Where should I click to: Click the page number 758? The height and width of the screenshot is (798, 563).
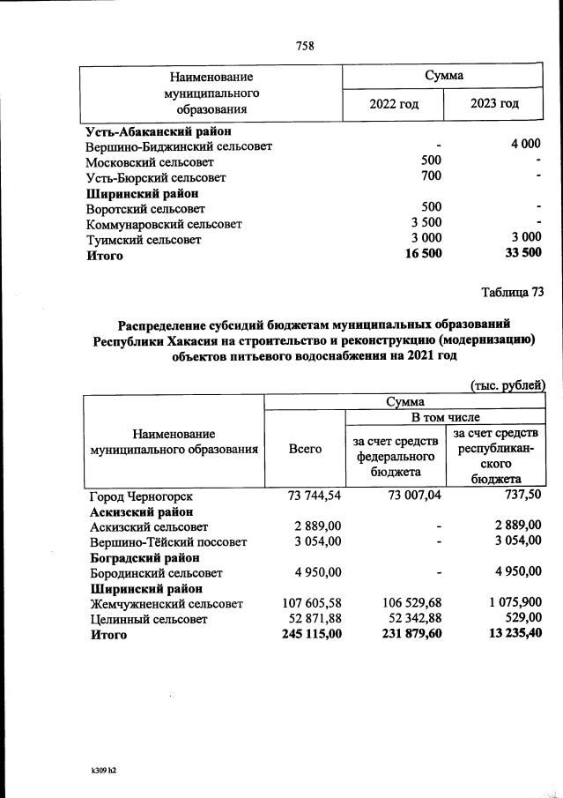click(x=306, y=46)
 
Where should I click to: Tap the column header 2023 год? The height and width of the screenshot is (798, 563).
click(x=494, y=103)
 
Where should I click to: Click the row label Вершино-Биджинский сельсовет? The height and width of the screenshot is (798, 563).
click(x=179, y=146)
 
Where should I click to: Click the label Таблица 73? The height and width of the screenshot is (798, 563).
click(x=513, y=293)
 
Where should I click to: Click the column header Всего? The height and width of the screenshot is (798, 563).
click(x=305, y=449)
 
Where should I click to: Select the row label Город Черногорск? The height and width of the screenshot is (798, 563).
click(x=139, y=496)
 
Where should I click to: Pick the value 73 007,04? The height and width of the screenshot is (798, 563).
click(x=411, y=496)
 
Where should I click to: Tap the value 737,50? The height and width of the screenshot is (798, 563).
click(x=521, y=496)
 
